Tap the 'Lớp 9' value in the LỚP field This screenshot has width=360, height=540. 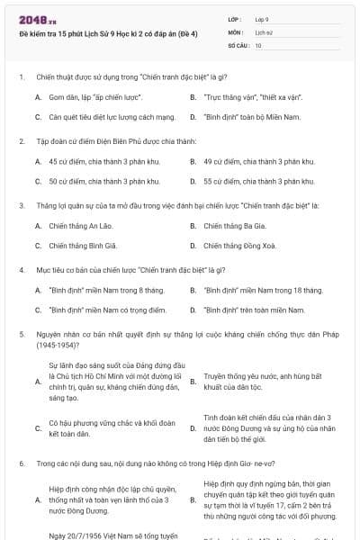(262, 18)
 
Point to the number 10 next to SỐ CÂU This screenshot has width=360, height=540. (258, 44)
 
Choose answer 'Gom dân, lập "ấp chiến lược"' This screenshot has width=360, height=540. (95, 97)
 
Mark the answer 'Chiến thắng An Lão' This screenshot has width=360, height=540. (80, 226)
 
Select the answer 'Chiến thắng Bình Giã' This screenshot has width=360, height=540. (82, 245)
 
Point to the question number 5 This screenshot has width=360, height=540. (21, 334)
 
